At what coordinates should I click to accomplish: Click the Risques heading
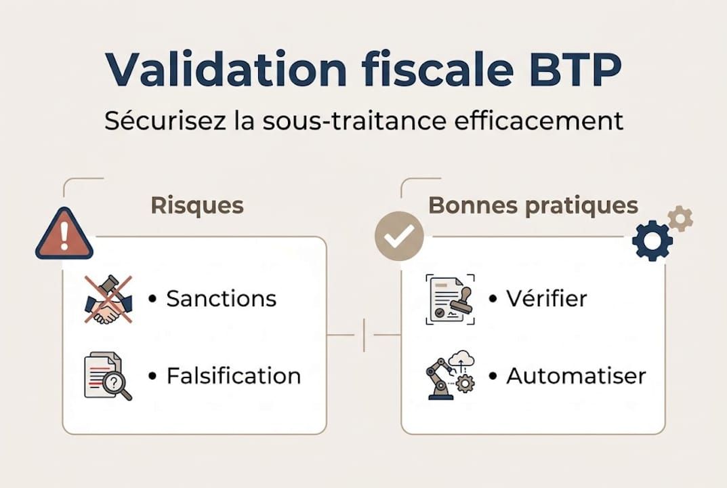pyautogui.click(x=196, y=205)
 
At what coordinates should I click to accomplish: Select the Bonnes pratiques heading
pyautogui.click(x=533, y=205)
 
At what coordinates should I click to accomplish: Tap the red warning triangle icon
pyautogui.click(x=64, y=235)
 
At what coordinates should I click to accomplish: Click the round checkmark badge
pyautogui.click(x=399, y=236)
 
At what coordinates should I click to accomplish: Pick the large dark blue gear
pyautogui.click(x=652, y=241)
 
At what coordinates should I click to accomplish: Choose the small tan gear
pyautogui.click(x=680, y=219)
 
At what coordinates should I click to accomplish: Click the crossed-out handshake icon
pyautogui.click(x=108, y=299)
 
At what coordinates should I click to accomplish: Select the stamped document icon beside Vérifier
pyautogui.click(x=450, y=299)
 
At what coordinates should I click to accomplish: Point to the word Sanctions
pyautogui.click(x=222, y=299)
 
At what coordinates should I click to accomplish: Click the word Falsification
pyautogui.click(x=234, y=375)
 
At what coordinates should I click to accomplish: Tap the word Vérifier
pyautogui.click(x=547, y=299)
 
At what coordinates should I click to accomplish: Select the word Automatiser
pyautogui.click(x=576, y=375)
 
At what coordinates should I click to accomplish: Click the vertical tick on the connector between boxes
pyautogui.click(x=364, y=335)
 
